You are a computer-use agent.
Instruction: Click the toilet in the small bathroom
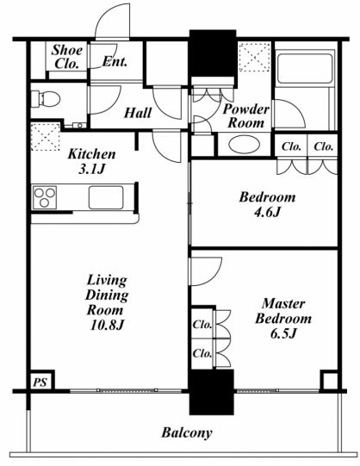46,99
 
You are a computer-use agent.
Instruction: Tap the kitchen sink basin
106,197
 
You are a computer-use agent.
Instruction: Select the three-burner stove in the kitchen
45,197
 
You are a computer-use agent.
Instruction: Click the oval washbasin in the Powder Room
245,145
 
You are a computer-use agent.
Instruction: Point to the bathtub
305,68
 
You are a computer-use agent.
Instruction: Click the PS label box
41,381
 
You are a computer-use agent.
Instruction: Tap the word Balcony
187,432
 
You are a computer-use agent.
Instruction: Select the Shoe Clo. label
67,57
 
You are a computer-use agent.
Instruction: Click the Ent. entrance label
115,62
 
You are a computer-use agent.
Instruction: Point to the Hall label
138,113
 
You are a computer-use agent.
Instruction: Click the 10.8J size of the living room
107,326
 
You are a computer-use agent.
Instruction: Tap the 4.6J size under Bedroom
267,212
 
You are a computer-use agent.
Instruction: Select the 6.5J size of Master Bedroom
283,333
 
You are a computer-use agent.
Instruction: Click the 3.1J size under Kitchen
92,169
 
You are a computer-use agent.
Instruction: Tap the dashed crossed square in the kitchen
45,137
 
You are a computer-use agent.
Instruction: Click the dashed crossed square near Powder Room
255,58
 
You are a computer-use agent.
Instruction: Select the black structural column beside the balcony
212,392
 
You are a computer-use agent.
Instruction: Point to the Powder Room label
246,116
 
